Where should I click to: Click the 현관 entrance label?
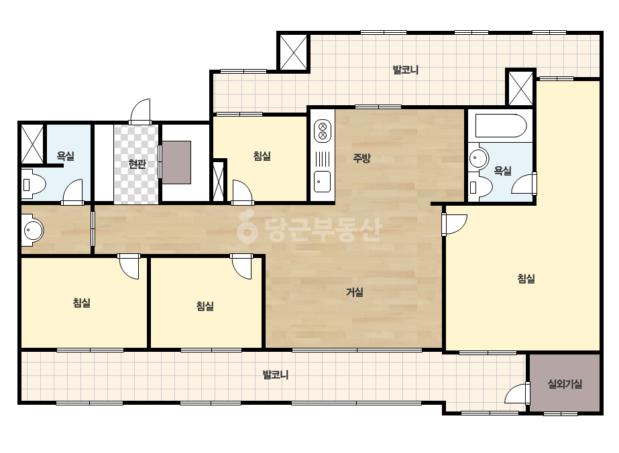(137, 164)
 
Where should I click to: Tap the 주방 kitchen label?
(361, 158)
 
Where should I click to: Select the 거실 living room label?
(355, 292)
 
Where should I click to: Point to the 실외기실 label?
(565, 383)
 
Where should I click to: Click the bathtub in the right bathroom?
(500, 125)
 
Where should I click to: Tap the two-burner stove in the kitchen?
(323, 131)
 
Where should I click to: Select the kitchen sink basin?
(322, 182)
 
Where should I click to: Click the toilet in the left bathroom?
(33, 184)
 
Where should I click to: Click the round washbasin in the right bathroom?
(478, 159)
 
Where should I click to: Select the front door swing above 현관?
(141, 111)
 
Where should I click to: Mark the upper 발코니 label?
(406, 70)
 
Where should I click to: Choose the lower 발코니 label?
(276, 375)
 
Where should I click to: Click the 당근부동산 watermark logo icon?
(247, 227)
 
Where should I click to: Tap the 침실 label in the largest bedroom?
(526, 279)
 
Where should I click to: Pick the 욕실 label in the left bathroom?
(66, 156)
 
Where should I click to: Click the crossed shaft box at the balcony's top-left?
(293, 52)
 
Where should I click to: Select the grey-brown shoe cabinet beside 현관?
(176, 162)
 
